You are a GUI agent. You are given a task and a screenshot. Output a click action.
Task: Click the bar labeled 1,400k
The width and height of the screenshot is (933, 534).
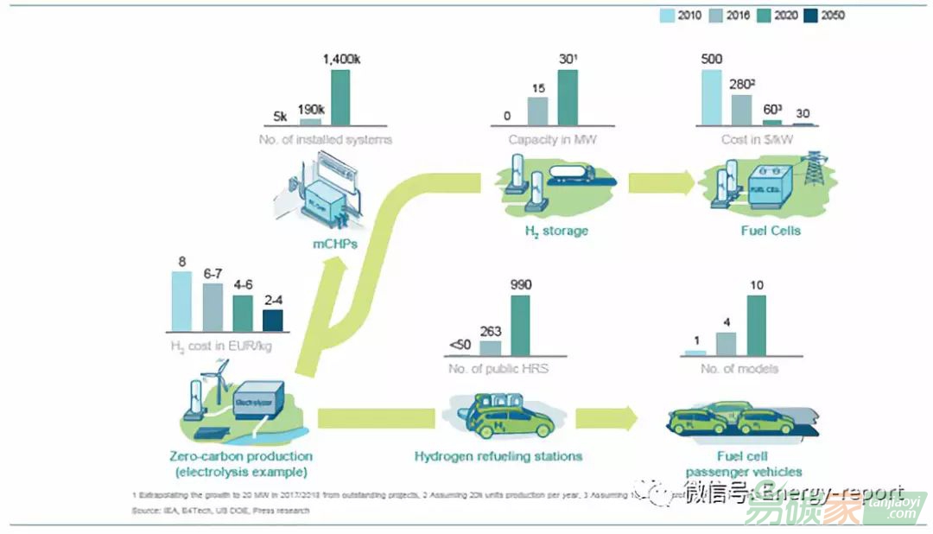click(340, 98)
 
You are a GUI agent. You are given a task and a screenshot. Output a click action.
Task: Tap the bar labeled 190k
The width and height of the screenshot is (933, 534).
click(309, 122)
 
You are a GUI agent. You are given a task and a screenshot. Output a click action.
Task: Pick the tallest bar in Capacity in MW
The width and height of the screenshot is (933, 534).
click(568, 98)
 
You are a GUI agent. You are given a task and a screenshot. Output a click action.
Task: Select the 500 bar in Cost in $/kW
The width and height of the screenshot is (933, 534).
click(711, 98)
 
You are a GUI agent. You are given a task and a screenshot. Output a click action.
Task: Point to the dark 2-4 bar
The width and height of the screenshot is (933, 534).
click(272, 320)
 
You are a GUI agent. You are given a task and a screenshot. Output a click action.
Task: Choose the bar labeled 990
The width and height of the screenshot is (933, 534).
click(520, 325)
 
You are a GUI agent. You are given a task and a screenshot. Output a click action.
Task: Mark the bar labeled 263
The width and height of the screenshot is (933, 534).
click(490, 346)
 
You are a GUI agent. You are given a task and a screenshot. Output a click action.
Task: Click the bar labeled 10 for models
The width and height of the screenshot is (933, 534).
click(757, 325)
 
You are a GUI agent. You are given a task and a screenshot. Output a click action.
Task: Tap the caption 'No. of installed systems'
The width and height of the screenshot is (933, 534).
click(327, 140)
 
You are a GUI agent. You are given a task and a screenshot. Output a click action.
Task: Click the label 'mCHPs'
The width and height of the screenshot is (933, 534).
click(334, 245)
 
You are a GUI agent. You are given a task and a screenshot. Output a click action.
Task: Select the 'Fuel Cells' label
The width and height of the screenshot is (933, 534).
click(771, 231)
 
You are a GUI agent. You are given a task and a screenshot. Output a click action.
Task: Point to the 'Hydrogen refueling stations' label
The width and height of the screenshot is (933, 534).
click(498, 456)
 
